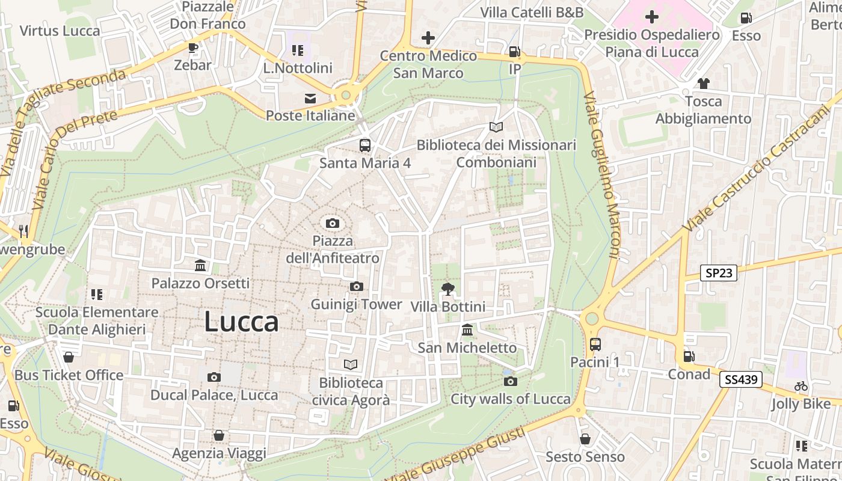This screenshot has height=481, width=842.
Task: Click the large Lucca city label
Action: click(x=241, y=322)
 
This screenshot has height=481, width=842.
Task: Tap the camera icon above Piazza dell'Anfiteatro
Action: click(x=332, y=224)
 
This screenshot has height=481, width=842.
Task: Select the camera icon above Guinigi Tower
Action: click(x=357, y=287)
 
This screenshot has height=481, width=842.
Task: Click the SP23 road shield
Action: click(x=719, y=273)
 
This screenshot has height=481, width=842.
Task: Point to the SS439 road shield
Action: click(x=741, y=379)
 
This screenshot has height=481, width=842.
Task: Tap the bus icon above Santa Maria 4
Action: click(x=365, y=145)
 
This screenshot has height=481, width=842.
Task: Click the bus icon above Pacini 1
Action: click(x=595, y=345)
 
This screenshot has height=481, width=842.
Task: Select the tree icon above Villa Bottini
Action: click(x=447, y=290)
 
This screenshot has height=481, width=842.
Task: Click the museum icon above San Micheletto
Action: click(x=467, y=330)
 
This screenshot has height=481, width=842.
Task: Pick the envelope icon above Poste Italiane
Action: click(x=310, y=98)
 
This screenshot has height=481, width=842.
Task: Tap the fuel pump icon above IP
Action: click(x=514, y=52)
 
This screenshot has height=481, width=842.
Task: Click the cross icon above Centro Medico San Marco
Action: click(x=428, y=38)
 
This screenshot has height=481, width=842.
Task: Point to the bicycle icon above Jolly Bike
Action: click(x=801, y=386)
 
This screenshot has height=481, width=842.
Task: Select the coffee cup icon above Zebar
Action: click(x=192, y=47)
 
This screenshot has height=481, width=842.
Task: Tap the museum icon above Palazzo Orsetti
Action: click(x=200, y=265)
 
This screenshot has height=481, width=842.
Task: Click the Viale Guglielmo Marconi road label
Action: click(x=602, y=175)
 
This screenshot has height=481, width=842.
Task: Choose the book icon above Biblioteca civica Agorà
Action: click(x=351, y=365)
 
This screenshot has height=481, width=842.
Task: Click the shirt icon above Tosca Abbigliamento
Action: click(x=703, y=84)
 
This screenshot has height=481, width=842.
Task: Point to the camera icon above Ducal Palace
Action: click(x=214, y=378)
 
